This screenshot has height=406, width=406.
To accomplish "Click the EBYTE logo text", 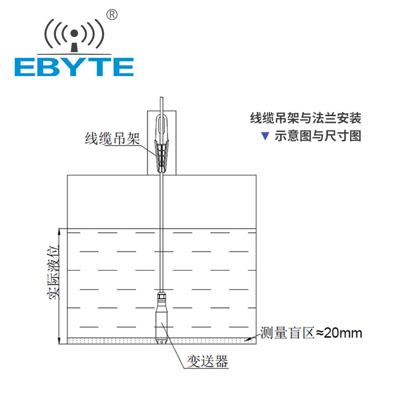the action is click(x=74, y=66).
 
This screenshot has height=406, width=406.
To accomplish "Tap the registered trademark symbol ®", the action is click(x=113, y=15).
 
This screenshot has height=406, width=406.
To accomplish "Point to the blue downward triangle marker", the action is click(x=264, y=136).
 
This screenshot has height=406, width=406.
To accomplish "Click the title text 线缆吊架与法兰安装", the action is click(x=306, y=119).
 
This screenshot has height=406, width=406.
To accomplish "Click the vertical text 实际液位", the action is click(x=52, y=272).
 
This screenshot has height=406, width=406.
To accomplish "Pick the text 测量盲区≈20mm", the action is click(x=311, y=333).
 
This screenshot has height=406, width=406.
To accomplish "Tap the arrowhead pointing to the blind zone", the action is click(x=247, y=339).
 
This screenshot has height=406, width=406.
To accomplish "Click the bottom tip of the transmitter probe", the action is click(x=161, y=341).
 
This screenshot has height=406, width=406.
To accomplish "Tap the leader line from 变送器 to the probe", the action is click(x=176, y=351).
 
